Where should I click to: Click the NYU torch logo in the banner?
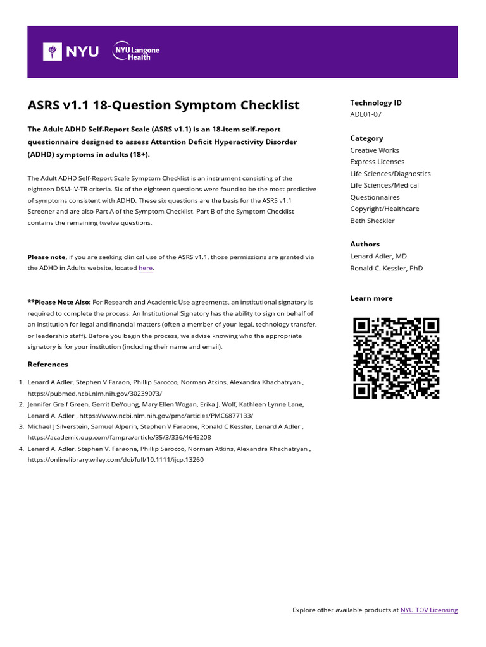click(52, 52)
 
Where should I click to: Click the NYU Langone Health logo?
click(136, 52)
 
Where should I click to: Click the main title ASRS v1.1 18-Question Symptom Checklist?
click(163, 105)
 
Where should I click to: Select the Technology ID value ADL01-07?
click(366, 114)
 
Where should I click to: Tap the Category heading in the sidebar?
click(366, 138)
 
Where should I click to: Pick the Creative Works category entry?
click(375, 150)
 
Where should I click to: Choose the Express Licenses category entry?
click(377, 162)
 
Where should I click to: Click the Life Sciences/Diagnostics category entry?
click(390, 174)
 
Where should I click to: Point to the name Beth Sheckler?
click(372, 221)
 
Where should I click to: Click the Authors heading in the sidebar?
click(364, 244)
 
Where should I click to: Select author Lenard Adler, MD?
click(378, 256)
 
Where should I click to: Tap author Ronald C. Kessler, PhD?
click(386, 268)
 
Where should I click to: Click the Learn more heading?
click(371, 298)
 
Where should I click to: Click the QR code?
click(396, 358)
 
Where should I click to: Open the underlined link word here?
click(146, 268)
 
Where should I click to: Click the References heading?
click(47, 365)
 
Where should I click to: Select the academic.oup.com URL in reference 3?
click(119, 437)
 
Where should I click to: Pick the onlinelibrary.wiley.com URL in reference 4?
click(115, 460)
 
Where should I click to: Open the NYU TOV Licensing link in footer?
click(428, 610)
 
